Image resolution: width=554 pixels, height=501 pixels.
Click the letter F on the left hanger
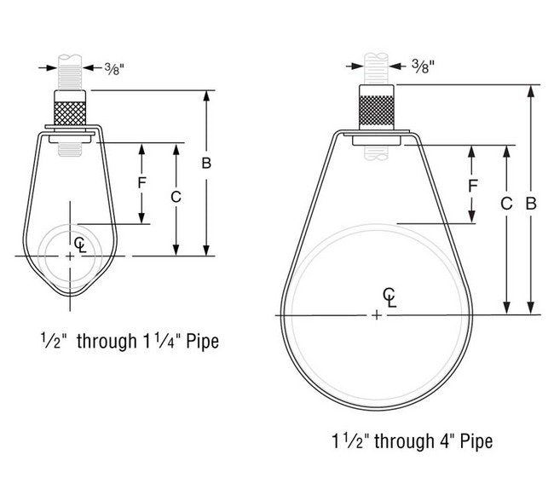142,181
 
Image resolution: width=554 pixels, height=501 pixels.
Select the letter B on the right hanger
531,204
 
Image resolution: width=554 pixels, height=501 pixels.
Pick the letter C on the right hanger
506,204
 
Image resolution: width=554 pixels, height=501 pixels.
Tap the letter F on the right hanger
472,185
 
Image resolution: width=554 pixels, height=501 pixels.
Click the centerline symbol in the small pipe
80,245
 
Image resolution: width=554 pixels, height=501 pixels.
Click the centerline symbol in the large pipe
390,297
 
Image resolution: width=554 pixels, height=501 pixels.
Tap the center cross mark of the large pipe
377,315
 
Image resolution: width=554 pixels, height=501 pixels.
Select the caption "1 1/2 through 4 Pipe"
412,441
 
